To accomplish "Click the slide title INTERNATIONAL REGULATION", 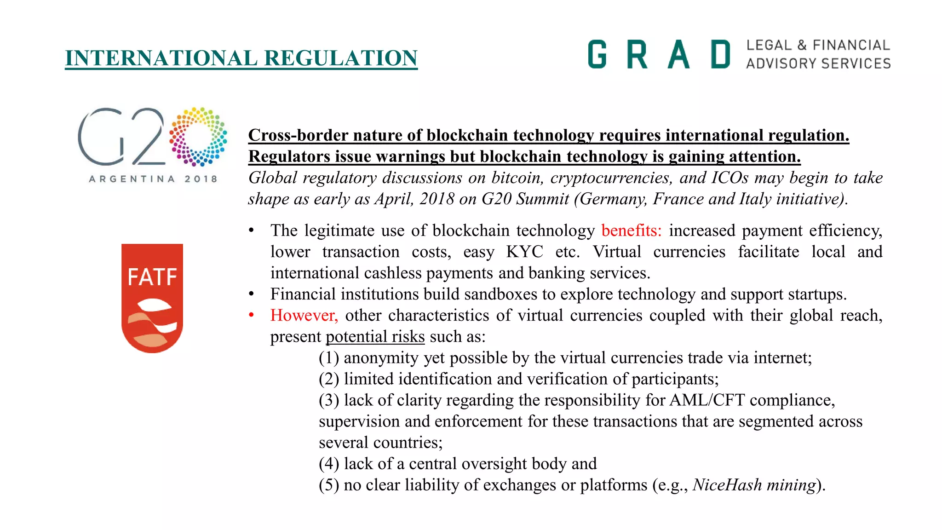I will pos(241,58).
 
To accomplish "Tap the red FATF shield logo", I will pos(152,298).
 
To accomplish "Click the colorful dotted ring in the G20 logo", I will pos(198,137).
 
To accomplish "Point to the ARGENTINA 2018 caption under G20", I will pos(153,179).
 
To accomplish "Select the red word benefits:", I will pos(631,230).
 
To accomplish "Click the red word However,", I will pos(304,315).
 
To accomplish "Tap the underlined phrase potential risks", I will pos(375,336).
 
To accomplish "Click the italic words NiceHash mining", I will pos(754,485).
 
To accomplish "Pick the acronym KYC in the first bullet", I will pos(524,252).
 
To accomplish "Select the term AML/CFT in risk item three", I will pos(707,400).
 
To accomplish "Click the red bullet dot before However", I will pos(251,315).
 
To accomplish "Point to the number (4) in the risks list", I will pos(329,463).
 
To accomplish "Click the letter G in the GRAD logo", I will pos(597,54).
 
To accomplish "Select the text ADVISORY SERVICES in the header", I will pos(818,63).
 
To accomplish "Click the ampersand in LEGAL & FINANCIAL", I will pos(802,45).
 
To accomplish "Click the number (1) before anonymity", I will pos(329,357).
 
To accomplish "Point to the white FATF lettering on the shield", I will pos(152,277).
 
